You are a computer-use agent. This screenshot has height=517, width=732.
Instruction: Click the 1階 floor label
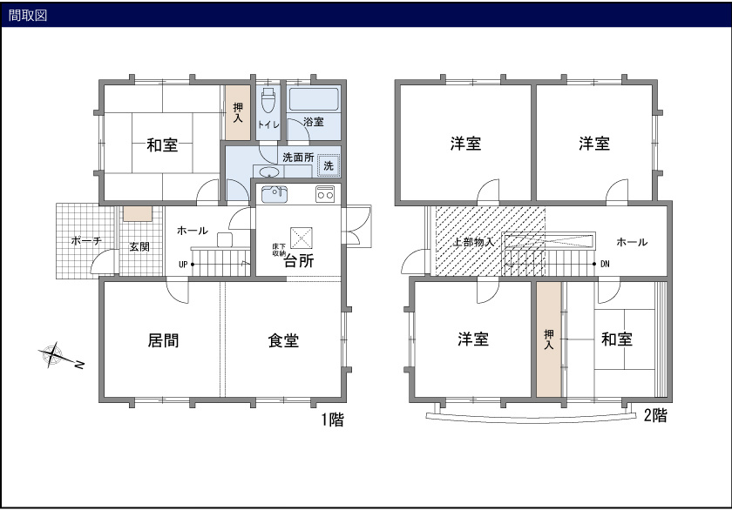[x=332, y=420]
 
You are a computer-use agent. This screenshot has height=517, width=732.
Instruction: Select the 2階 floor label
[x=655, y=416]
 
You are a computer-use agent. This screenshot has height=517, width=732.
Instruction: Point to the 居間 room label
[x=163, y=340]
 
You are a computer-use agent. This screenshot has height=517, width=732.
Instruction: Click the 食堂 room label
[x=283, y=340]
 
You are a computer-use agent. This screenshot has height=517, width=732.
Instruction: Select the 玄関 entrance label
[x=139, y=246]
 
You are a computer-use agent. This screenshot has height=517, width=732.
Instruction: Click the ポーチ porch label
[x=86, y=240]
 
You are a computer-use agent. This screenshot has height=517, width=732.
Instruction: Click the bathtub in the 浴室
[x=314, y=98]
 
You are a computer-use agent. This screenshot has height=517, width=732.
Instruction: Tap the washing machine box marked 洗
[x=329, y=165]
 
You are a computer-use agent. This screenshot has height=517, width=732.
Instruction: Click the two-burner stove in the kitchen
[x=325, y=193]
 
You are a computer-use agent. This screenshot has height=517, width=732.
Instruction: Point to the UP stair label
[x=183, y=264]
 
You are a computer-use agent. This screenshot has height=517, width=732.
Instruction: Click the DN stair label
[x=605, y=264]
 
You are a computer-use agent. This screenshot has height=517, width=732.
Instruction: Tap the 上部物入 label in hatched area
[x=474, y=242]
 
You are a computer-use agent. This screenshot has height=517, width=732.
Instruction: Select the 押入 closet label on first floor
[x=238, y=112]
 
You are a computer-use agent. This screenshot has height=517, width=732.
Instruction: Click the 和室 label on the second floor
[x=617, y=339]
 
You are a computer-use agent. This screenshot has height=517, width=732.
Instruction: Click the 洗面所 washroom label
[x=297, y=158]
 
